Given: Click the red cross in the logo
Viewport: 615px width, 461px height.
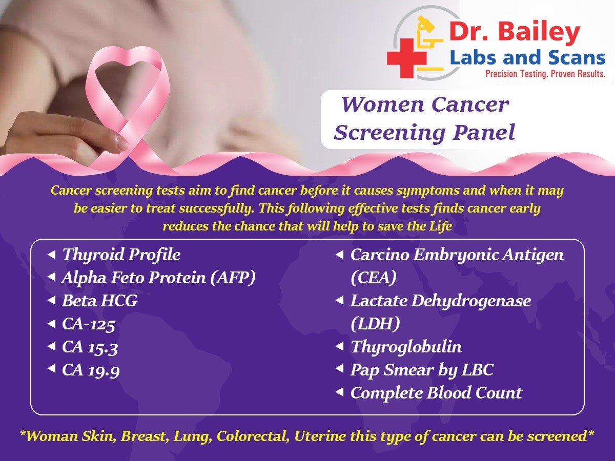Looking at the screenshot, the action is [x=406, y=58].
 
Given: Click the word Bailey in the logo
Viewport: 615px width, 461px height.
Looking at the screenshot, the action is [x=539, y=32].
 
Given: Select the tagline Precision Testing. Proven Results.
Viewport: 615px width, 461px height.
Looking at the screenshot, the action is [x=545, y=74].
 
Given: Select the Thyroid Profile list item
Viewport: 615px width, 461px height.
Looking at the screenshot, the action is [x=121, y=255].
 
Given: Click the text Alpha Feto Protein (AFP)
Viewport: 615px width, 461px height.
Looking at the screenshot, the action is [x=158, y=278].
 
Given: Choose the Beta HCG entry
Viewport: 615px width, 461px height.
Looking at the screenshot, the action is [x=100, y=301].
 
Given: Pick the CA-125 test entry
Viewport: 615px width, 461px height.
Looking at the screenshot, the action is [x=89, y=324].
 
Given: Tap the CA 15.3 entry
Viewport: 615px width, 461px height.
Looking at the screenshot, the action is [x=90, y=347].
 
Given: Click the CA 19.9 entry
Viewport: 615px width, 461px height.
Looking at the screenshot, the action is [x=91, y=370].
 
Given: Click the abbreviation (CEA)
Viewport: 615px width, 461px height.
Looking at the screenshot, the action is [x=374, y=278].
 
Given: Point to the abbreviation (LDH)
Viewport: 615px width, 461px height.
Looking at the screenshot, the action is [x=375, y=324].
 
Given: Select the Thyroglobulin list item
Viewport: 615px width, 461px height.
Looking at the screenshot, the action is [x=406, y=347].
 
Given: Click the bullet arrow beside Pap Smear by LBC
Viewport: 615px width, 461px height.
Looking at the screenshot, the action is [x=339, y=369].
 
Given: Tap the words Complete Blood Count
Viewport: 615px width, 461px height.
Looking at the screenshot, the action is [x=436, y=393].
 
